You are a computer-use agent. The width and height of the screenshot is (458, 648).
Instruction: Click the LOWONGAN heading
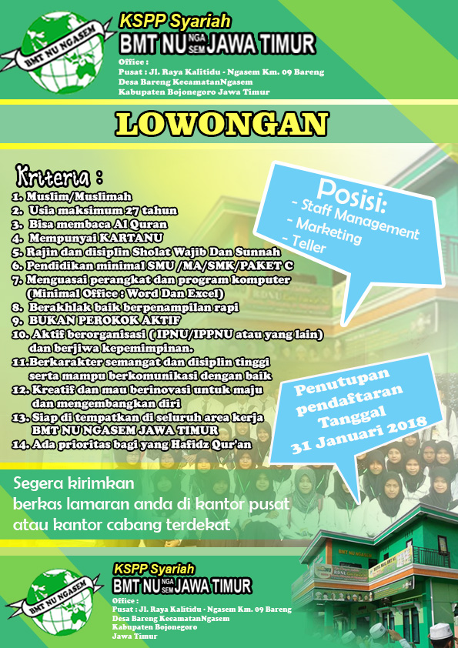[222, 124]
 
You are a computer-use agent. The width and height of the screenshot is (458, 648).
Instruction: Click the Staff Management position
[356, 218]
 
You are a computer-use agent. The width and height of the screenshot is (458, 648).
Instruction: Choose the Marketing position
[323, 229]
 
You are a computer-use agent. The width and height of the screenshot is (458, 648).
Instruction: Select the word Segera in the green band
[39, 484]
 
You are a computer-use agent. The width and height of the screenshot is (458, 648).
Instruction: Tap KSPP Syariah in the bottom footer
[153, 568]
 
